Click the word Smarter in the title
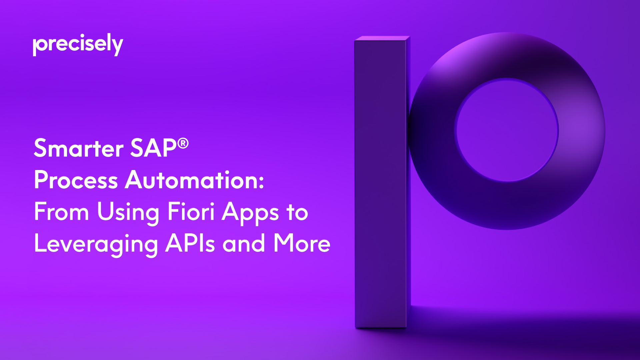[x=79, y=148]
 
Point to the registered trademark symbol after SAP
[x=183, y=144]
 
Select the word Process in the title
[x=76, y=180]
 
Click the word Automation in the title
[x=191, y=180]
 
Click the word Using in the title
[x=128, y=213]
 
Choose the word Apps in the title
[x=250, y=213]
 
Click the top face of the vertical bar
[x=382, y=38]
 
